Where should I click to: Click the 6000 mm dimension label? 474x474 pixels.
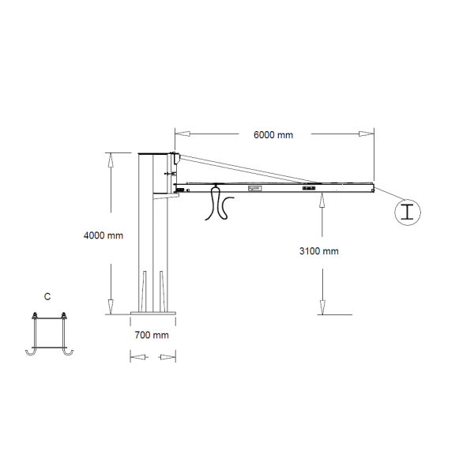[x=273, y=135]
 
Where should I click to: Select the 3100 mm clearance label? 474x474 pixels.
[x=319, y=251]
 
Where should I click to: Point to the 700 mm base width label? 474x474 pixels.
[x=152, y=335]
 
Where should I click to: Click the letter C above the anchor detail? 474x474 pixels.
[x=47, y=297]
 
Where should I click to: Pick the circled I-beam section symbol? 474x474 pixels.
[x=408, y=211]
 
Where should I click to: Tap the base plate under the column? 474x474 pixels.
[x=152, y=318]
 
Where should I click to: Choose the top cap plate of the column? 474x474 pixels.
[x=155, y=153]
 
